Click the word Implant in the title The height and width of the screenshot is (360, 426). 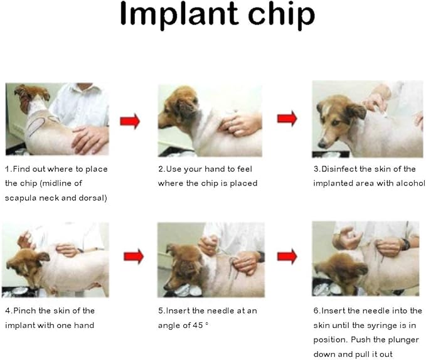179,14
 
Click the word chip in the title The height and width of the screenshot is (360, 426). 281,14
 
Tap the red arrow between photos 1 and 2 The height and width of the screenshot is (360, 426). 130,121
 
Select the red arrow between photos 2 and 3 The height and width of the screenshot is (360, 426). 287,119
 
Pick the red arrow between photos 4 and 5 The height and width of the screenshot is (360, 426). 134,257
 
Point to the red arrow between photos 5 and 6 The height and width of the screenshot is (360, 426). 287,257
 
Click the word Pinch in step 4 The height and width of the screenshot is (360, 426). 24,310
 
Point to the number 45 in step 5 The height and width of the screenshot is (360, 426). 198,326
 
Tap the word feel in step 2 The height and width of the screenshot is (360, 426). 245,169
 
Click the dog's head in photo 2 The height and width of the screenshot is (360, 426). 179,109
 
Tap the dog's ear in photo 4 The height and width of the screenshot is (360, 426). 43,257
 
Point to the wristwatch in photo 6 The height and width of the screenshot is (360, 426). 406,245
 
